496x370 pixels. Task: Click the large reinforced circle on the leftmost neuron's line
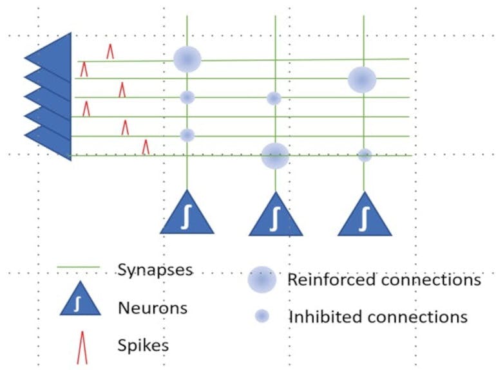pyautogui.click(x=187, y=59)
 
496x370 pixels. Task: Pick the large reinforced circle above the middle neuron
pyautogui.click(x=275, y=156)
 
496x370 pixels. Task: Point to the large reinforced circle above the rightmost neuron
pyautogui.click(x=362, y=79)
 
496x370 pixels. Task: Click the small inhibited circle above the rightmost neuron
pyautogui.click(x=365, y=155)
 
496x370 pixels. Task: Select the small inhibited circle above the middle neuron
pyautogui.click(x=274, y=98)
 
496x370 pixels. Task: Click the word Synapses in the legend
pyautogui.click(x=155, y=270)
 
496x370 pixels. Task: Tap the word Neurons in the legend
pyautogui.click(x=152, y=308)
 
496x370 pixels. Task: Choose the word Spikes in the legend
pyautogui.click(x=143, y=345)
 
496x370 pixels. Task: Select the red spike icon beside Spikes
pyautogui.click(x=82, y=348)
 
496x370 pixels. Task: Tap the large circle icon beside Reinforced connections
pyautogui.click(x=262, y=280)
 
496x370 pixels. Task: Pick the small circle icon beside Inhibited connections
pyautogui.click(x=262, y=316)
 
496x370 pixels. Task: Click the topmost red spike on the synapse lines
pyautogui.click(x=110, y=51)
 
